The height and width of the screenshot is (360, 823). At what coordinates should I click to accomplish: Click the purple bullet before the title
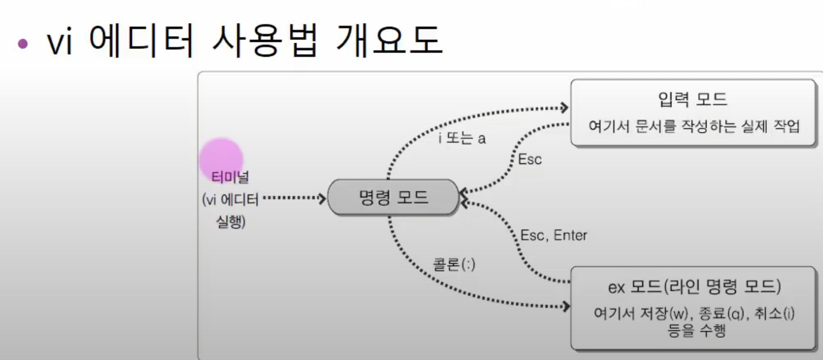[x=23, y=43]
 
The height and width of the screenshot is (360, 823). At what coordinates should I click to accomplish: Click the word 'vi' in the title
[x=60, y=42]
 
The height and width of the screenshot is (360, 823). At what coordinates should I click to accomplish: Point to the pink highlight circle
[x=221, y=160]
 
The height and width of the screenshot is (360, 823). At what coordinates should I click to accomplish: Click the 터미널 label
[x=230, y=177]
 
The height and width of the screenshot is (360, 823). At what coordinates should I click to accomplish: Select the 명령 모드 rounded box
[x=393, y=198]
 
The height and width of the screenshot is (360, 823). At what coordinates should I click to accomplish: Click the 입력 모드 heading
[x=692, y=99]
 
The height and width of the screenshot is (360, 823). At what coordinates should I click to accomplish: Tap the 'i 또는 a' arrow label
[x=462, y=138]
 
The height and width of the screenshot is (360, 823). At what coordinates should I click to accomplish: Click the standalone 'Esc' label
[x=530, y=159]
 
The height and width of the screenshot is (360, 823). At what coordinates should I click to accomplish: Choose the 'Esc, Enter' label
[x=553, y=235]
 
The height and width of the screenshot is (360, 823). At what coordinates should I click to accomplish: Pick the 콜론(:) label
[x=454, y=264]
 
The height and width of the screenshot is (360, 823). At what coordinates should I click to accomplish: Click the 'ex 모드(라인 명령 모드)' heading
[x=694, y=287]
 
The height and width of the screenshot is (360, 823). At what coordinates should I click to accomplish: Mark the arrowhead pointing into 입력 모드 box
[x=564, y=108]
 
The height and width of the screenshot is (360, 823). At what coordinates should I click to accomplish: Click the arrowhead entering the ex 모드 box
[x=566, y=306]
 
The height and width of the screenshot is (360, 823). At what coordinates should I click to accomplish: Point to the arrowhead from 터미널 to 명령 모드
[x=322, y=198]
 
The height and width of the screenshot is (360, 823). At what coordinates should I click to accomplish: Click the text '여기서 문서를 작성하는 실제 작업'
[x=694, y=126]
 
